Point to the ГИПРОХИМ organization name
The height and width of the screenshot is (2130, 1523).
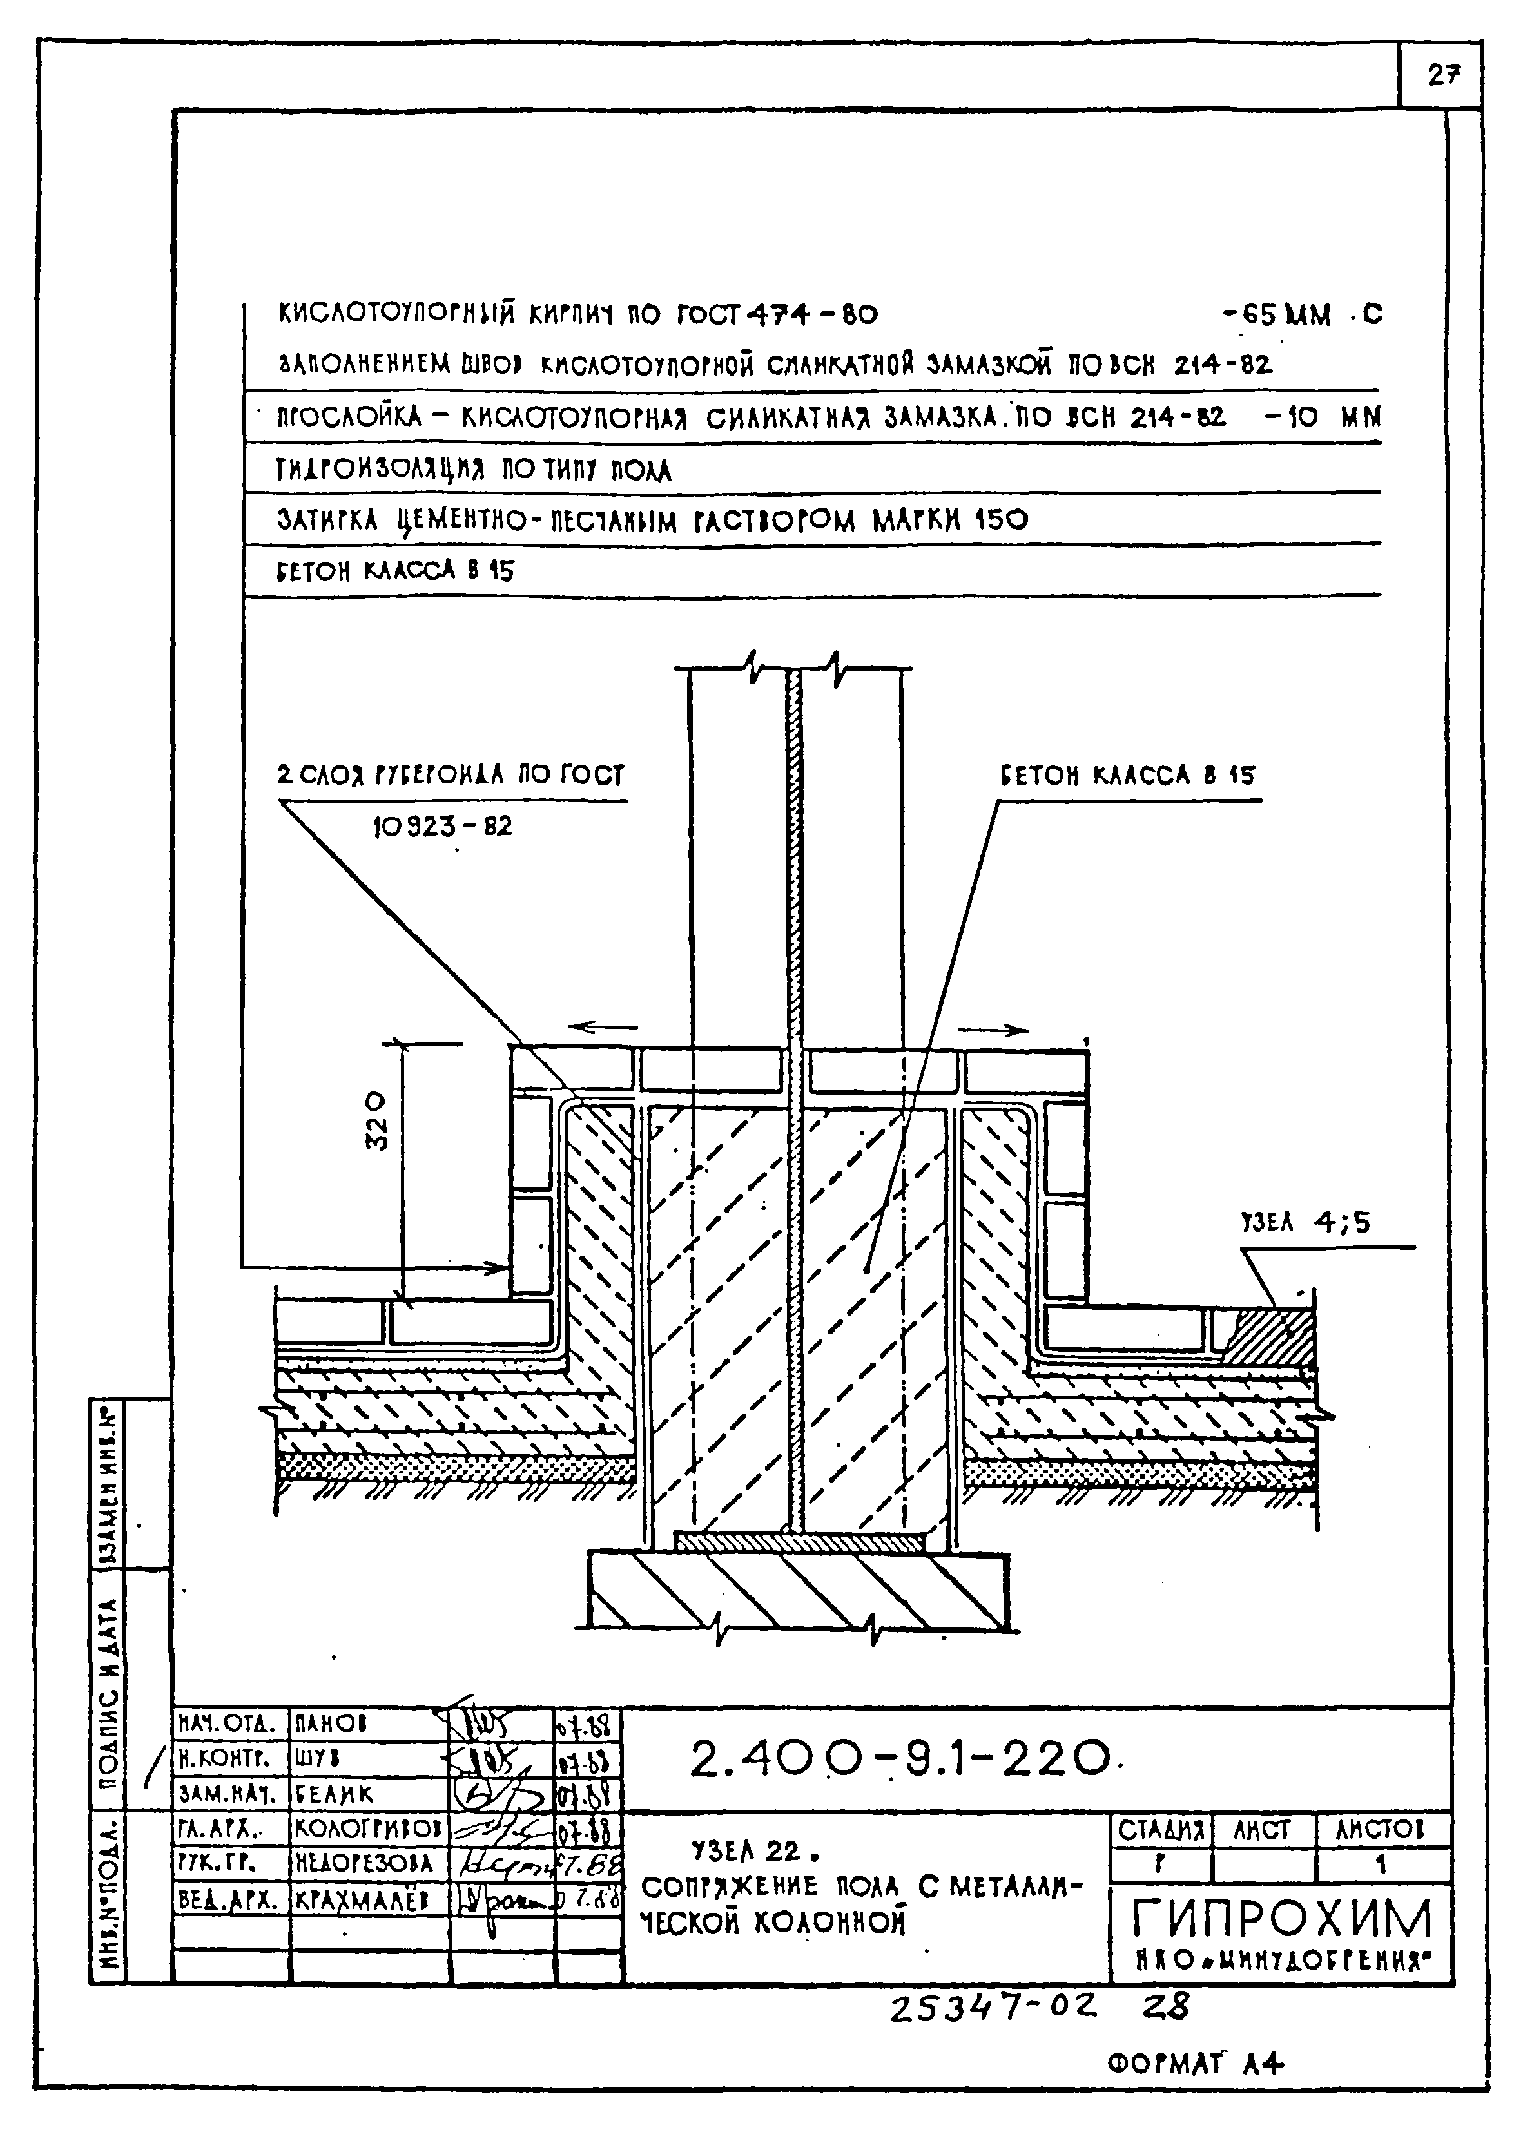[1282, 1919]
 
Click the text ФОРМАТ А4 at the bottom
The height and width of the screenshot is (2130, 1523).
[1195, 2064]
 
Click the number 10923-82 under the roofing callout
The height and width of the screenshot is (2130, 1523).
[443, 827]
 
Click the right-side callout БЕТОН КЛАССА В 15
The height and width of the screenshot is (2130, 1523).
[1127, 775]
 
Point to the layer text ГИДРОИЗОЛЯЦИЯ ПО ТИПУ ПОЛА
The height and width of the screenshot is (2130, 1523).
[474, 470]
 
